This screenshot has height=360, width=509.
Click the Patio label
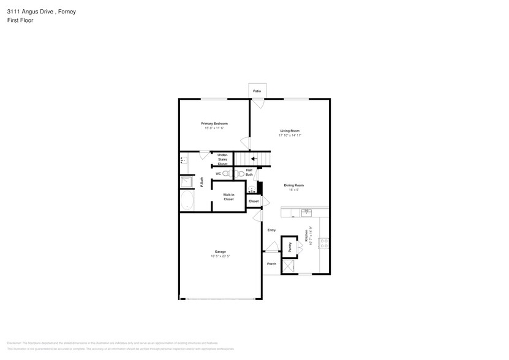(257, 91)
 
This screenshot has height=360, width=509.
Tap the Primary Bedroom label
(214, 124)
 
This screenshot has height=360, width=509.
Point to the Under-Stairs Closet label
(222, 160)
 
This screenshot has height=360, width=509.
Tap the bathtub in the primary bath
(187, 201)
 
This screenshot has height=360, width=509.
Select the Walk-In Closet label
(228, 197)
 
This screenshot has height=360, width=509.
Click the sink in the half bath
(251, 189)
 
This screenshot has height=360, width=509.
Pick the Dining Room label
(293, 185)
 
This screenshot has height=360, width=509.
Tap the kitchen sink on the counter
(306, 212)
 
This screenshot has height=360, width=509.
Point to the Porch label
(271, 264)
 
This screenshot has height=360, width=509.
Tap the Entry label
(271, 230)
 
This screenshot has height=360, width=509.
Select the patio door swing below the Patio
(258, 104)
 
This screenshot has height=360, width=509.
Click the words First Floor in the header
(20, 20)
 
